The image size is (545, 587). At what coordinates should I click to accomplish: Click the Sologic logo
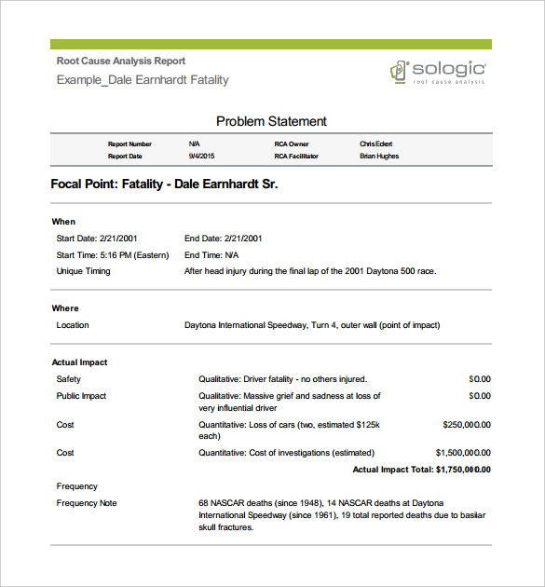pyautogui.click(x=438, y=72)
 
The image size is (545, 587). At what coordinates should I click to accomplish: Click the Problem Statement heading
pyautogui.click(x=271, y=121)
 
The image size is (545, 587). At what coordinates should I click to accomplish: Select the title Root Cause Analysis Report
pyautogui.click(x=121, y=61)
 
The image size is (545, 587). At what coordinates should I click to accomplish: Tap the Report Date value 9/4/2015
pyautogui.click(x=200, y=157)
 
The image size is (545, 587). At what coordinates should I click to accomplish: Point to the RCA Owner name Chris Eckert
pyautogui.click(x=376, y=144)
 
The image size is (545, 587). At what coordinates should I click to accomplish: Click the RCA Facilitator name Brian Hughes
pyautogui.click(x=379, y=157)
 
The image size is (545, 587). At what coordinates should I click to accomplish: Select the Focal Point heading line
pyautogui.click(x=164, y=184)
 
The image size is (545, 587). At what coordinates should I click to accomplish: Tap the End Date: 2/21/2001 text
pyautogui.click(x=223, y=238)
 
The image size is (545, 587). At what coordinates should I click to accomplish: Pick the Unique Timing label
pyautogui.click(x=83, y=271)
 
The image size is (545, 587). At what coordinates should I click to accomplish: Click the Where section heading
pyautogui.click(x=65, y=308)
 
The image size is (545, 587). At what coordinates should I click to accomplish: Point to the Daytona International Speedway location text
pyautogui.click(x=312, y=325)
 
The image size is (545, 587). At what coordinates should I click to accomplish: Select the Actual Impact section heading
pyautogui.click(x=79, y=362)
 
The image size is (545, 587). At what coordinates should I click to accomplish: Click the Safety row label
pyautogui.click(x=69, y=379)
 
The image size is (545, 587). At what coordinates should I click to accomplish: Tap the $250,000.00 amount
pyautogui.click(x=466, y=424)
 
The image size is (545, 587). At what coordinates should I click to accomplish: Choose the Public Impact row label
pyautogui.click(x=81, y=396)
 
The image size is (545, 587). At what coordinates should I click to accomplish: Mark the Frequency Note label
pyautogui.click(x=87, y=503)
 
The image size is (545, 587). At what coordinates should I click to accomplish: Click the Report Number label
pyautogui.click(x=129, y=144)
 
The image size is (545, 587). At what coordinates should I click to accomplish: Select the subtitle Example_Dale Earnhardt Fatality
pyautogui.click(x=143, y=80)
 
